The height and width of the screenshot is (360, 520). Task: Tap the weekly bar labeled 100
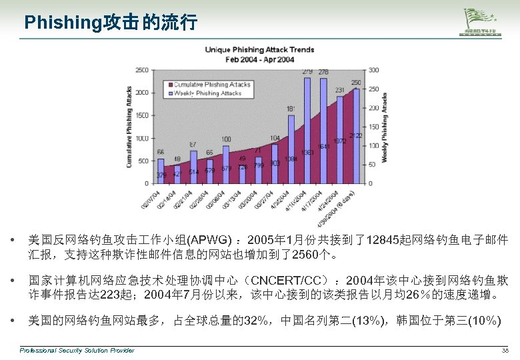coord(226,163)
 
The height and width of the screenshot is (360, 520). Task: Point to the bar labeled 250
coord(356,133)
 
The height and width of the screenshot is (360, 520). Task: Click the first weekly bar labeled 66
coord(161,170)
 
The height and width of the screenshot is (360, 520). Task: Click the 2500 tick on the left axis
coord(142,70)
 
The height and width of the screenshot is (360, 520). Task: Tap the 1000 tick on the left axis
coord(142,138)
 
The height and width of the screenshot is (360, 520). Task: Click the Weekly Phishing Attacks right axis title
coord(385,126)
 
